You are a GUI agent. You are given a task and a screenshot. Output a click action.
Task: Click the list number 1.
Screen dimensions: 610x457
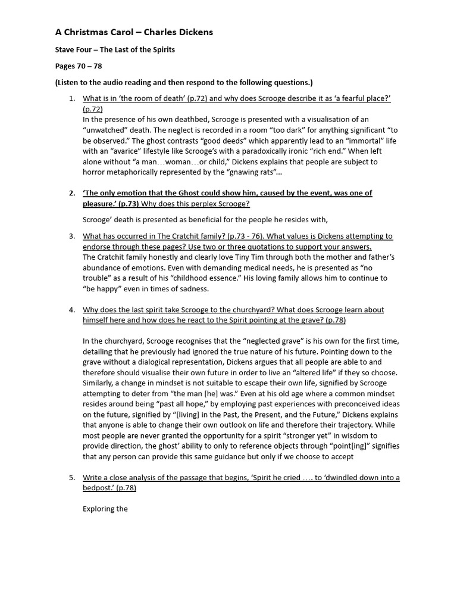(71, 98)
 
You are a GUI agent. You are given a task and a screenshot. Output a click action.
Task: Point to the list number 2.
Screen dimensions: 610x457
(71, 193)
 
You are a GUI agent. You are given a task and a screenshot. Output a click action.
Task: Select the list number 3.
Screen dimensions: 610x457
(71, 236)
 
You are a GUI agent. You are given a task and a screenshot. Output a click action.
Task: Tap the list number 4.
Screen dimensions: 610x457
(71, 310)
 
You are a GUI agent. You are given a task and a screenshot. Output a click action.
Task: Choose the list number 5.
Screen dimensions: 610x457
(71, 478)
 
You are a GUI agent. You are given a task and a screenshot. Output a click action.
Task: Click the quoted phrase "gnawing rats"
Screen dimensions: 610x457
(249, 172)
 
